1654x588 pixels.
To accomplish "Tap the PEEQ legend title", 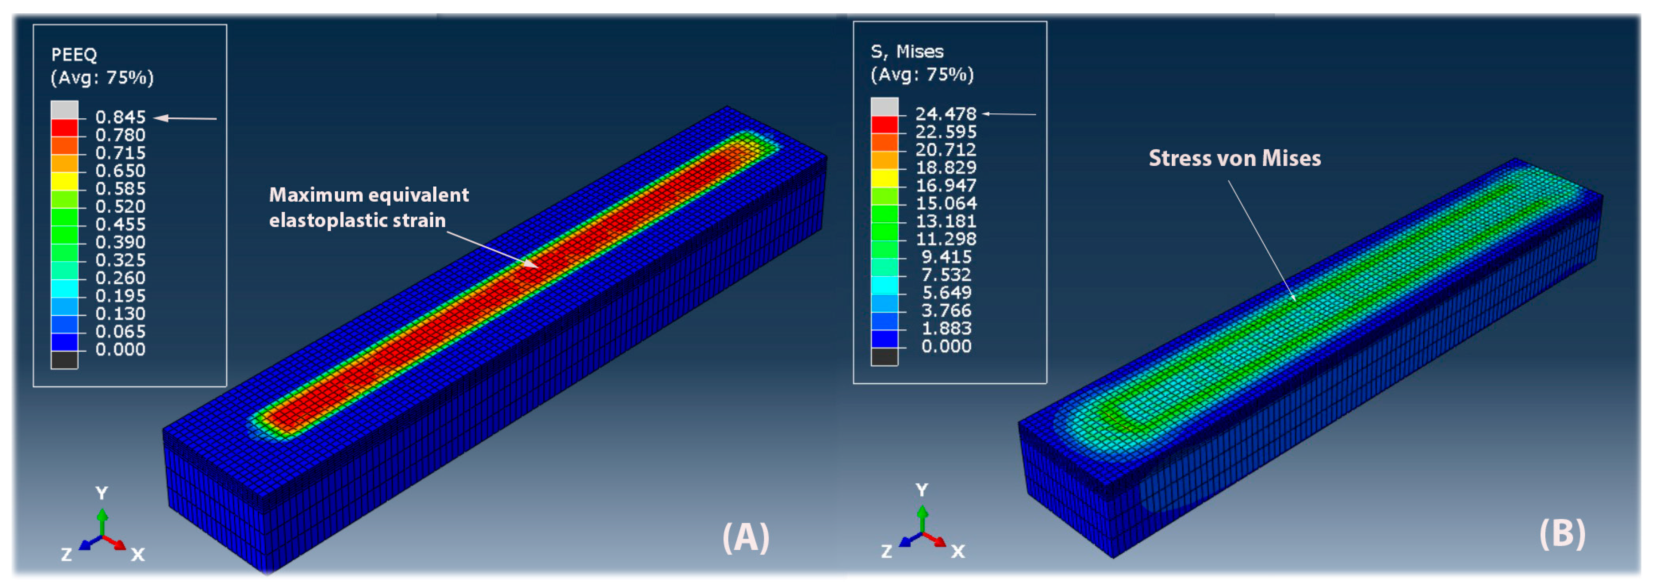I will tap(74, 55).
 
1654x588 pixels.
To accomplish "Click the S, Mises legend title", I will tap(907, 51).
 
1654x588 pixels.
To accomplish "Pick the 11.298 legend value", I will tap(945, 239).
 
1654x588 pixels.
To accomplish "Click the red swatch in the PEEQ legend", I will tap(64, 128).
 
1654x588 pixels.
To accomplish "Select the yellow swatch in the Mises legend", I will tap(884, 178).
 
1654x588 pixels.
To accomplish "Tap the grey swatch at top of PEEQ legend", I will tap(64, 110).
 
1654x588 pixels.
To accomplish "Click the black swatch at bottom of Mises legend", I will tap(884, 357).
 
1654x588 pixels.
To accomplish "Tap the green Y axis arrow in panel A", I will tap(102, 521).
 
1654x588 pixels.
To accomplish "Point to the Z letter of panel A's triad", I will tap(66, 554).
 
